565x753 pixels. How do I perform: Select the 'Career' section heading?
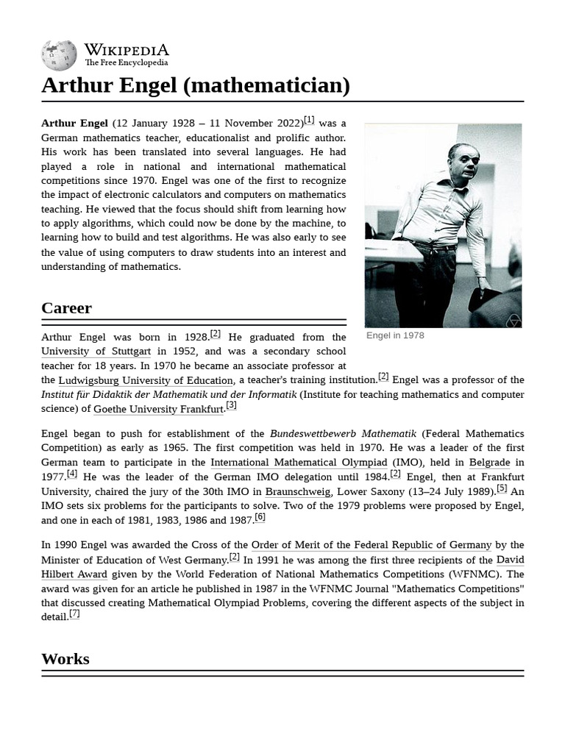coord(66,308)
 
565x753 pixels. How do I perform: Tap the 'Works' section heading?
coord(65,659)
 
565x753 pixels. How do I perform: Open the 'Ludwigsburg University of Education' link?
coord(146,380)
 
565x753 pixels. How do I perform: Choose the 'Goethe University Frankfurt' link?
coord(158,409)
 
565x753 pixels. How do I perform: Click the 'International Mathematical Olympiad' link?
coord(299,463)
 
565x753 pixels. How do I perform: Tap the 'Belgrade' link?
coord(490,463)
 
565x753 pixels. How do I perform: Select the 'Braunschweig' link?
coord(297,491)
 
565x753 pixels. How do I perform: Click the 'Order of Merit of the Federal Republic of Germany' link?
coord(372,545)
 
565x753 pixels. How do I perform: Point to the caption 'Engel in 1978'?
coord(395,335)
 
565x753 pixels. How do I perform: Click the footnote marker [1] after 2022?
coord(309,120)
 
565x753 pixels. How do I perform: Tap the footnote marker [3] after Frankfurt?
coord(231,405)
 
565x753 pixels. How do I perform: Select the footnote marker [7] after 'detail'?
coord(74,613)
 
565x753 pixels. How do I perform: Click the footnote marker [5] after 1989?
coord(502,488)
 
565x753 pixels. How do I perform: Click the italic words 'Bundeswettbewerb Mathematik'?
coord(333,433)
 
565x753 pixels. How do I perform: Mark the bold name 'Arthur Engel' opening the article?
coord(74,124)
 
